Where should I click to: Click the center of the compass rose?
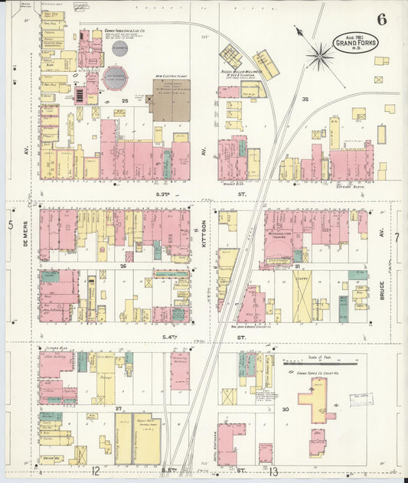[x=320, y=55]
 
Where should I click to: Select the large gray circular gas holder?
[x=116, y=77]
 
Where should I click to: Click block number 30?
[x=284, y=409]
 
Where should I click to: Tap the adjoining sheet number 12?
[x=95, y=470]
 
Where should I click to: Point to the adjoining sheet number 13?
[x=273, y=471]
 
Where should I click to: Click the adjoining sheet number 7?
[x=397, y=237]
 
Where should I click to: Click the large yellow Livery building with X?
[x=302, y=295]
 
